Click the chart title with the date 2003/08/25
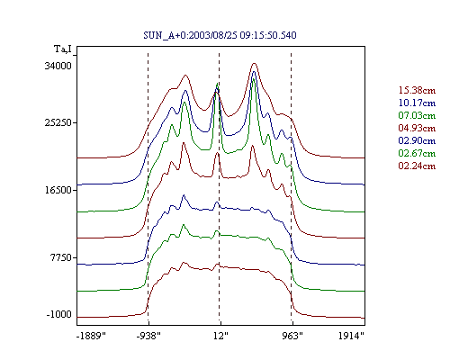point(220,35)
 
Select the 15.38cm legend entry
point(417,90)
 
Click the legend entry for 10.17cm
point(417,103)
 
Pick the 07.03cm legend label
point(417,115)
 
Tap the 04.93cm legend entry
point(417,128)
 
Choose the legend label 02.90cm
point(417,140)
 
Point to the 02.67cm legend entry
point(417,153)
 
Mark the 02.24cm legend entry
point(417,166)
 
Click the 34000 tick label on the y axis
point(58,66)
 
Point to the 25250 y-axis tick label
point(58,122)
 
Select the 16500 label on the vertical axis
point(58,190)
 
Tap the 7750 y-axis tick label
point(61,257)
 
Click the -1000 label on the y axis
point(58,314)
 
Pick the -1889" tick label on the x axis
point(91,336)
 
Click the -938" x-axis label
point(148,336)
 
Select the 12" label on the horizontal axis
point(220,336)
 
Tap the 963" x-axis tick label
point(292,336)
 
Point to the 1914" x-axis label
point(351,336)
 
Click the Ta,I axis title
point(63,49)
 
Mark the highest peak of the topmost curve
point(255,63)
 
